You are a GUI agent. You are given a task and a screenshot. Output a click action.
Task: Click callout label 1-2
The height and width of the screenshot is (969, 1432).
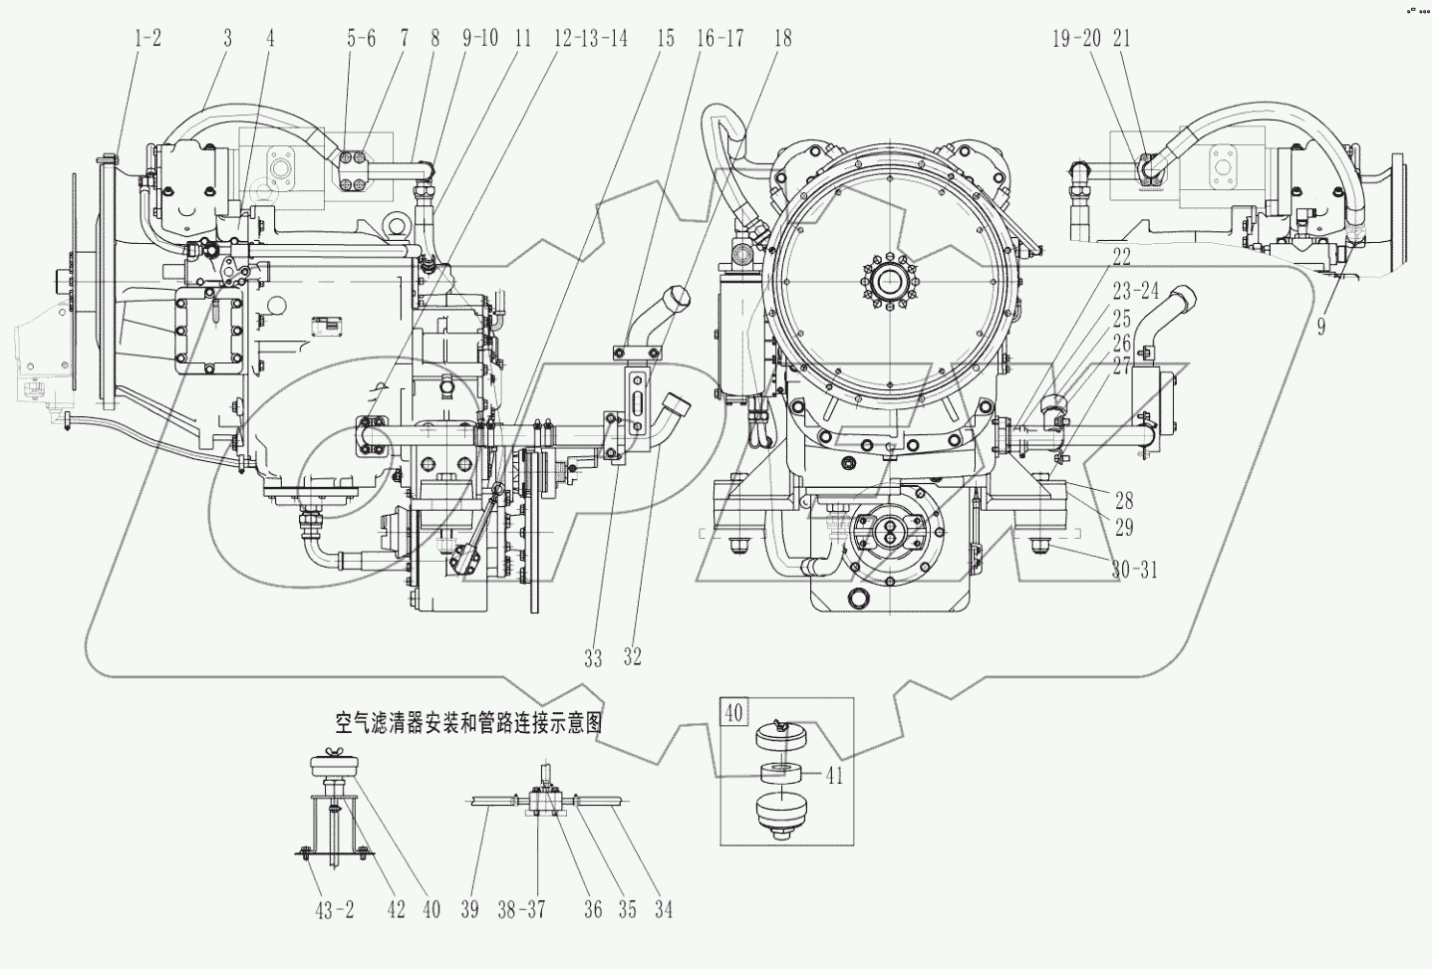[147, 38]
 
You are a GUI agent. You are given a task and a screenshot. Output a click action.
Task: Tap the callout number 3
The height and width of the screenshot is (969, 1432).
[227, 38]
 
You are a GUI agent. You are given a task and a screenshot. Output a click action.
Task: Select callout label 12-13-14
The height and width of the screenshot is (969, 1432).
[590, 38]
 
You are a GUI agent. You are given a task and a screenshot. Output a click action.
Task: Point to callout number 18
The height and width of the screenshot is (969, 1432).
[782, 38]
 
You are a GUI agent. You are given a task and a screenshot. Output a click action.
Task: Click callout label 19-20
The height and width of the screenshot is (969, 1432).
[1076, 38]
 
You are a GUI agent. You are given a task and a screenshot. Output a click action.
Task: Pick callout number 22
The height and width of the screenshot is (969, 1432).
[1121, 257]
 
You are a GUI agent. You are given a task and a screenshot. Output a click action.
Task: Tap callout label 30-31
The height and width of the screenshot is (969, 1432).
[1134, 570]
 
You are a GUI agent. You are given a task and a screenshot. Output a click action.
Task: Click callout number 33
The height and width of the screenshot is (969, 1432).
[593, 658]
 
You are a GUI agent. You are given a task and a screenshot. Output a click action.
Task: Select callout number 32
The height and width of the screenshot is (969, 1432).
[632, 657]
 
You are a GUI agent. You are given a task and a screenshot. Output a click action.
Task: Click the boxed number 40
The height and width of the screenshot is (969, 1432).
[734, 713]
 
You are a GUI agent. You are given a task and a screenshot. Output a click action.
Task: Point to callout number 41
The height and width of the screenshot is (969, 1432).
[834, 776]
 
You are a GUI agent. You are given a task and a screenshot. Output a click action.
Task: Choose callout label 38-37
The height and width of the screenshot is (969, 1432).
[521, 909]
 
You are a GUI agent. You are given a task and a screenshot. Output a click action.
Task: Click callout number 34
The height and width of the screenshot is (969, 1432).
[662, 909]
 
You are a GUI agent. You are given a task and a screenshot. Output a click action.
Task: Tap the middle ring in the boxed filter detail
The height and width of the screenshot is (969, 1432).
[781, 773]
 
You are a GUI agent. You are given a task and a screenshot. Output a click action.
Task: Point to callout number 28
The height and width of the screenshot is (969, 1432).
[1124, 501]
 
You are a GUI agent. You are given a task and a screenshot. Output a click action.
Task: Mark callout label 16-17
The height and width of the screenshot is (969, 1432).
[719, 38]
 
